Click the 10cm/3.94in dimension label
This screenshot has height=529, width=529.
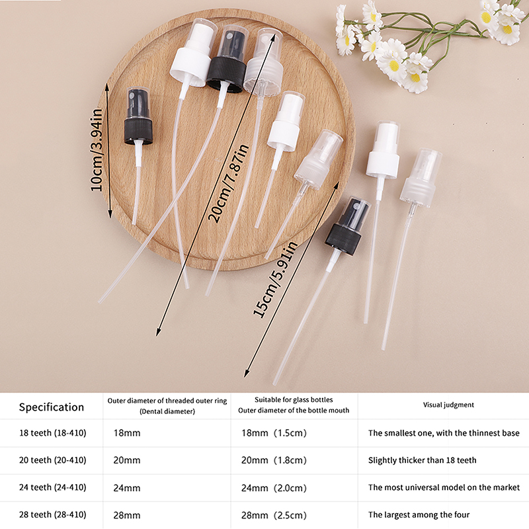[x=96, y=150]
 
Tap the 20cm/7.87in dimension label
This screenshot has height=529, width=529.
[x=228, y=183]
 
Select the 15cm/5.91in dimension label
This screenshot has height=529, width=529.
[x=275, y=279]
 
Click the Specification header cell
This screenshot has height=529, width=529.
[x=52, y=407]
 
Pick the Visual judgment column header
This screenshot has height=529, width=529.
[x=448, y=405]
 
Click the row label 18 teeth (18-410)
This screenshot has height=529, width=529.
[x=53, y=433]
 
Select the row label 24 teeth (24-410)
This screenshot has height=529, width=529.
[x=53, y=487]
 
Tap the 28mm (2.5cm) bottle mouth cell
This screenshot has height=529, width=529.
[x=274, y=515]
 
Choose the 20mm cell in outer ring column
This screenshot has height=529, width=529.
[x=127, y=460]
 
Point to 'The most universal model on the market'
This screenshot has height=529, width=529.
[x=444, y=487]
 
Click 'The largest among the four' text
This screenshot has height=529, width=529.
[x=419, y=515]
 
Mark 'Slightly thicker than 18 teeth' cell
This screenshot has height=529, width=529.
[x=423, y=460]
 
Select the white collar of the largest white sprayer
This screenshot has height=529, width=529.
[x=190, y=67]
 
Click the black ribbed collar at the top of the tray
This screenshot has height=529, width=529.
[x=226, y=74]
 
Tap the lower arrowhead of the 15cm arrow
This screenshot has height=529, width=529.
[x=246, y=373]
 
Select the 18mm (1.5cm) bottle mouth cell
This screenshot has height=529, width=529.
[x=274, y=433]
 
